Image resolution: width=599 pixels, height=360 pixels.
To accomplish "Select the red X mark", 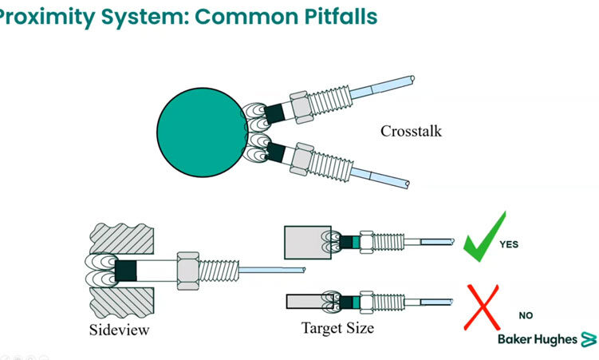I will [483, 308].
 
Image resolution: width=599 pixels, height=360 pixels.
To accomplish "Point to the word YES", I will [509, 244].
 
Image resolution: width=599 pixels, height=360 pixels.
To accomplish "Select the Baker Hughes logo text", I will [537, 339].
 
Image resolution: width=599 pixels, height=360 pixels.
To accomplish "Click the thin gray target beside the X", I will [306, 302].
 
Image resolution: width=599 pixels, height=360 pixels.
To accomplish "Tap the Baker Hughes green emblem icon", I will [589, 339].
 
